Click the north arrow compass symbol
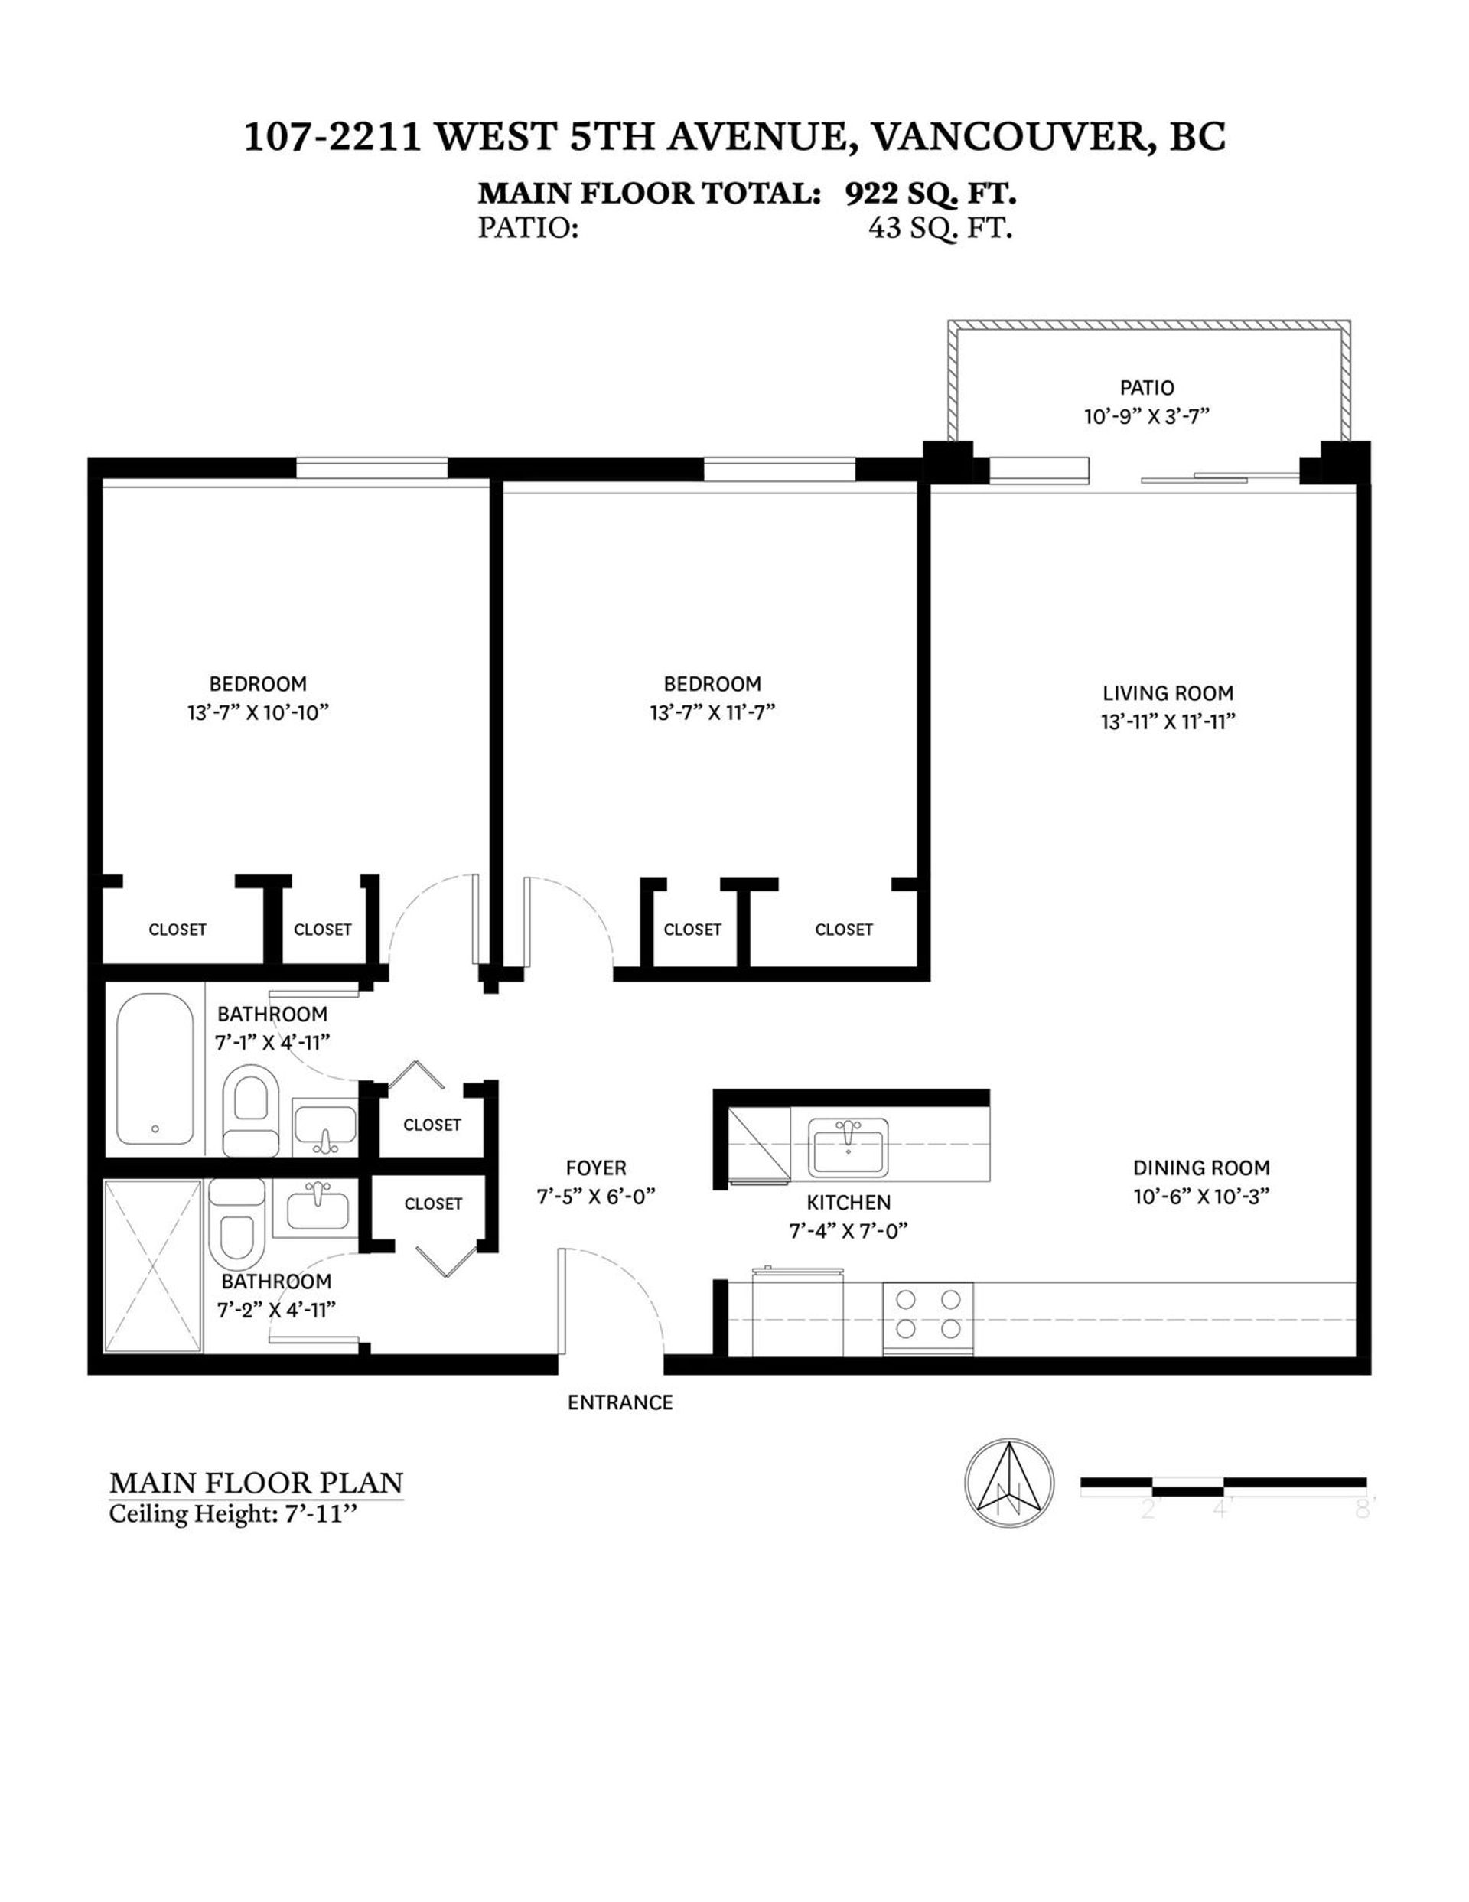click(x=1009, y=1481)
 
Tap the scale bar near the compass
click(x=1223, y=1487)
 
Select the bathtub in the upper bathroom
click(x=155, y=1070)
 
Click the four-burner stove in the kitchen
click(x=928, y=1317)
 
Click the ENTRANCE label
click(x=620, y=1402)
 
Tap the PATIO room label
click(x=1147, y=388)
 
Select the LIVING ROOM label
click(x=1168, y=693)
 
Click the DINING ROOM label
click(x=1200, y=1168)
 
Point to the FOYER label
click(x=595, y=1168)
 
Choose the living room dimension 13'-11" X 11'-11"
click(x=1168, y=722)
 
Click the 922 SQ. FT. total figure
click(x=930, y=194)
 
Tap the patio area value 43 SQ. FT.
click(x=940, y=228)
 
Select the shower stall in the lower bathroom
click(x=153, y=1266)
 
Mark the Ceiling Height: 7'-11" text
click(x=233, y=1514)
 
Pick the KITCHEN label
click(x=849, y=1203)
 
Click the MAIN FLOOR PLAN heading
click(x=256, y=1483)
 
